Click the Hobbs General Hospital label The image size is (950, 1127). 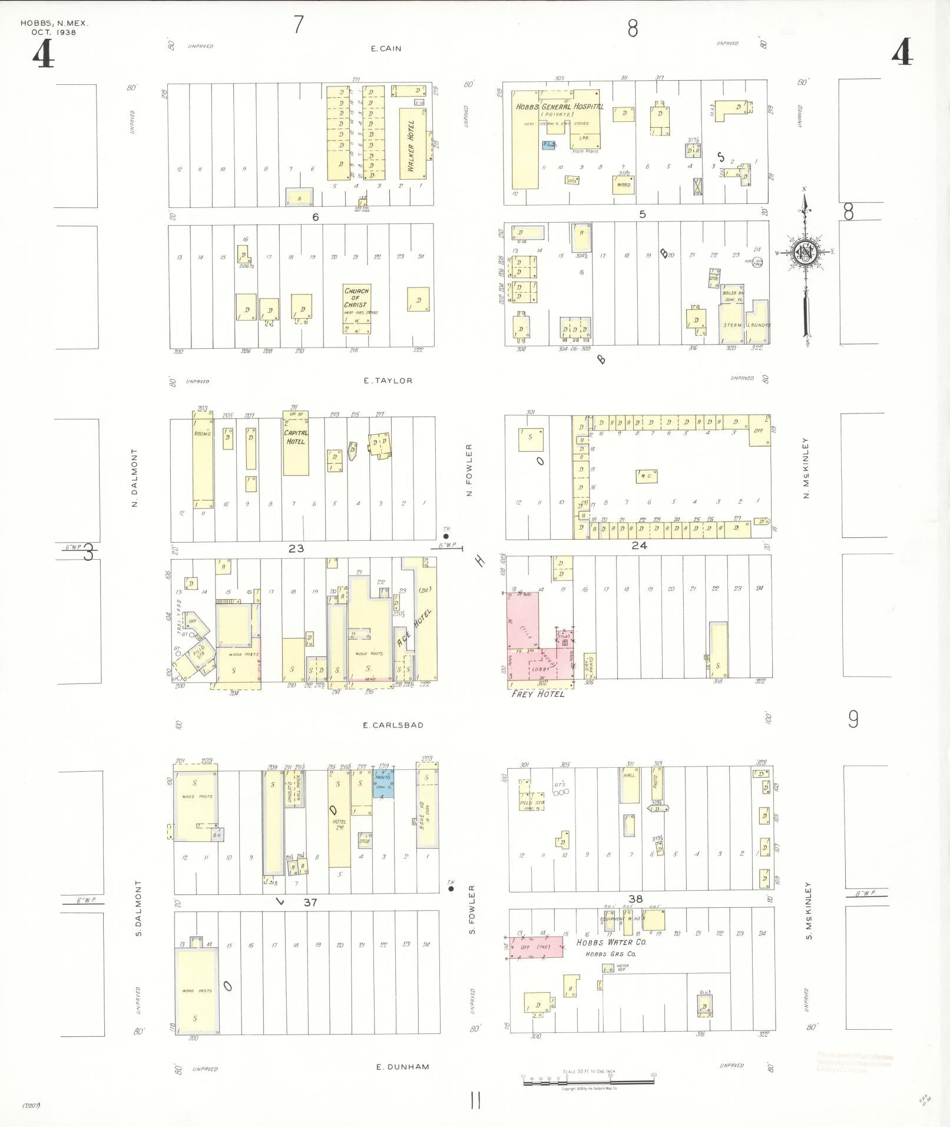pos(559,107)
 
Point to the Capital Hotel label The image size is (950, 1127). pos(296,437)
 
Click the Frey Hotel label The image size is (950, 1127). pos(538,693)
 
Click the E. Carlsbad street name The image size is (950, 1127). pos(393,725)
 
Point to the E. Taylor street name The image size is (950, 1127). pos(388,381)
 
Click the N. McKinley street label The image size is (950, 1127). pos(806,468)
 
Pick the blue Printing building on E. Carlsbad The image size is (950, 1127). pos(383,783)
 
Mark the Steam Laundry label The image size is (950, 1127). pos(744,325)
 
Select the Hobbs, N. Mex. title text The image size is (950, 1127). pos(54,24)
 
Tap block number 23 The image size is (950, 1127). pos(296,548)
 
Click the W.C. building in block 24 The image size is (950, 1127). pos(646,476)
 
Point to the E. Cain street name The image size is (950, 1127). pos(386,49)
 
